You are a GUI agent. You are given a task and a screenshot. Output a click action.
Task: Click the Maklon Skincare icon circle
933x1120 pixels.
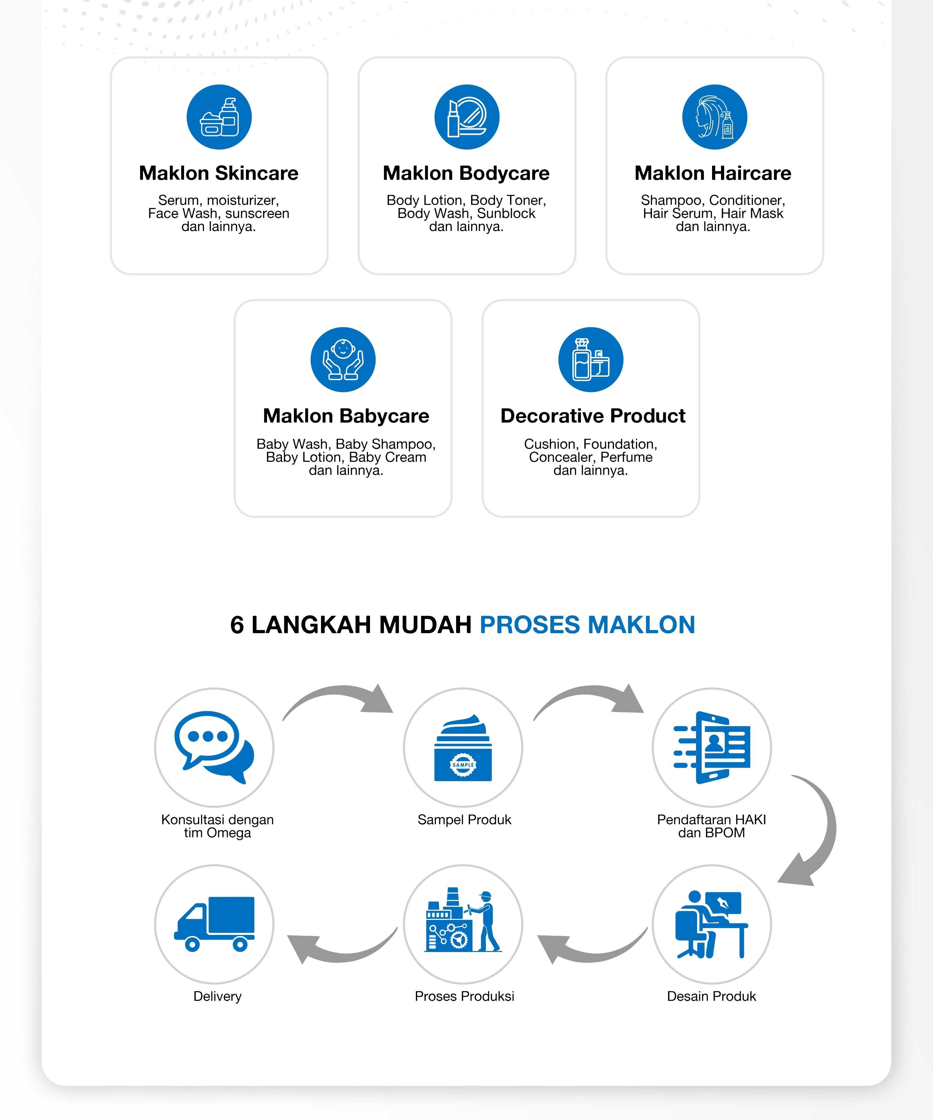(x=219, y=117)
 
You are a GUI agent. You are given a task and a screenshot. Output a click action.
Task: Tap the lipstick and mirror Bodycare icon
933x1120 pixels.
(x=467, y=117)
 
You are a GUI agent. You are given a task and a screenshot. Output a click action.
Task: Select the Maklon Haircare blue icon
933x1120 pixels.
(x=714, y=117)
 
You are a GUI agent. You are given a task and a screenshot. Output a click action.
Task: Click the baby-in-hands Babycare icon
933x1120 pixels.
(x=343, y=359)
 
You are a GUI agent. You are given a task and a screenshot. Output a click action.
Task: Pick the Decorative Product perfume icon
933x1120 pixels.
(x=590, y=359)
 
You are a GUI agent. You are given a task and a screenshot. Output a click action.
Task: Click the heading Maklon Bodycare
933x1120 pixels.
(x=466, y=173)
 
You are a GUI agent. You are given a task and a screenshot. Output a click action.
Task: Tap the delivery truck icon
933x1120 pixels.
(x=214, y=924)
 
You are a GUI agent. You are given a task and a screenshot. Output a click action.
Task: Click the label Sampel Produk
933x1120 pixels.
(x=464, y=820)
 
